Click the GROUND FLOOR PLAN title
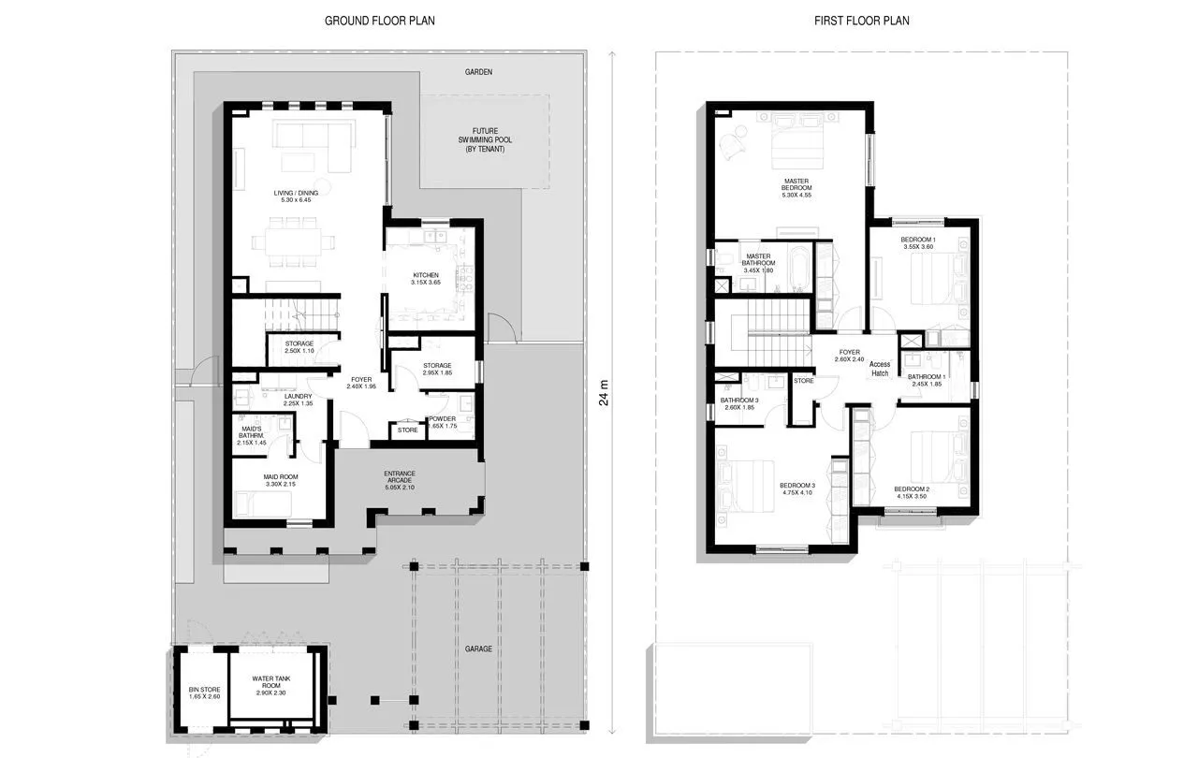tap(379, 20)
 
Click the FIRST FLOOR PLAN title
tap(862, 20)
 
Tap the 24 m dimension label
tap(604, 394)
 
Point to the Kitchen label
tap(426, 278)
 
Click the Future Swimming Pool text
tap(484, 139)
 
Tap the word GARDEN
tap(478, 71)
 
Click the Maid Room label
tap(280, 479)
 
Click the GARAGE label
tap(478, 649)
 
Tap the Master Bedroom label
tap(796, 184)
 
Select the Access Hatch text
tap(879, 368)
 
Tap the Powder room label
tap(442, 422)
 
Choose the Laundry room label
tap(298, 400)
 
